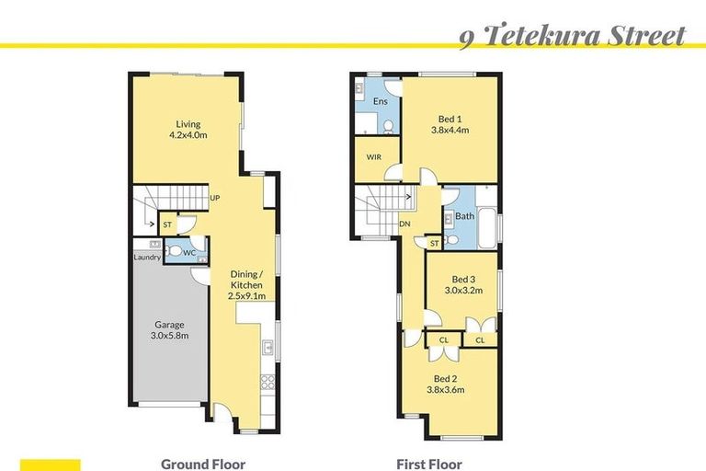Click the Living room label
click(x=188, y=124)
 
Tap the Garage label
click(x=169, y=325)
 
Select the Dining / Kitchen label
click(x=247, y=279)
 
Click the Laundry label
click(x=147, y=258)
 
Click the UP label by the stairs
click(x=214, y=198)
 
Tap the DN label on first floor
click(x=404, y=224)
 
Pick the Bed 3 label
click(x=463, y=280)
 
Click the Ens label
click(x=379, y=100)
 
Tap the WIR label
click(x=373, y=157)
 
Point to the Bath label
click(x=465, y=217)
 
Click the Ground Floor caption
click(x=203, y=465)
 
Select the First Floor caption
click(x=429, y=465)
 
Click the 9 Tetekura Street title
click(x=572, y=36)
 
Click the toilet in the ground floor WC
click(x=176, y=249)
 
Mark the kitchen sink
click(x=267, y=348)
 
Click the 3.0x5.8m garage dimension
click(x=169, y=337)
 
